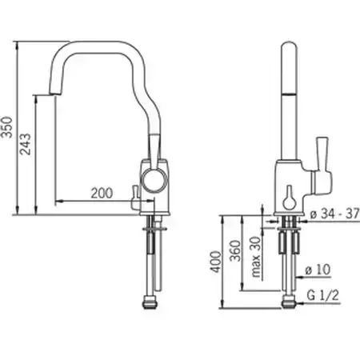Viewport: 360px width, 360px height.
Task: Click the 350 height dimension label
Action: click(7, 127)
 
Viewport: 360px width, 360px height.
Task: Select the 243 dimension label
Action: click(26, 144)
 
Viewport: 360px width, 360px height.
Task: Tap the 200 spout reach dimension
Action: click(102, 193)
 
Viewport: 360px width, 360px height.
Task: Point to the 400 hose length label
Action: click(216, 262)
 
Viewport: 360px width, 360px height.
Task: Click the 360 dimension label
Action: click(235, 250)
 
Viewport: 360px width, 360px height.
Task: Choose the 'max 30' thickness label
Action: click(255, 257)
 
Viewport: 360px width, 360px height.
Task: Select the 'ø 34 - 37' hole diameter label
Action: click(335, 214)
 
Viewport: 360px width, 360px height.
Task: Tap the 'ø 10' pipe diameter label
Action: click(318, 270)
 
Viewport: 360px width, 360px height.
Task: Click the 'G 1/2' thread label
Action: click(322, 295)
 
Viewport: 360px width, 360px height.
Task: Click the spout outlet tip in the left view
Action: click(55, 94)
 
